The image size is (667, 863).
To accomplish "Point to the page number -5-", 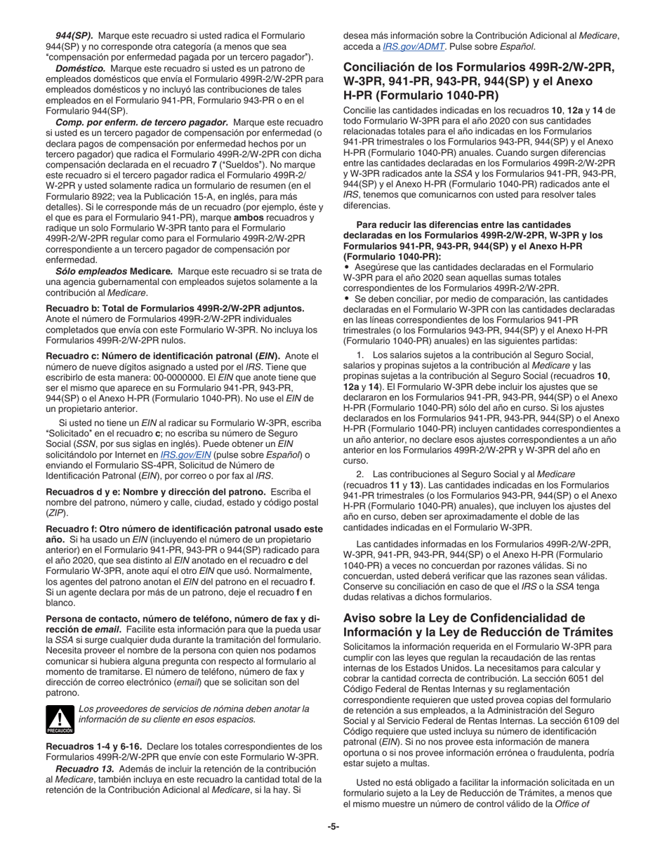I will click(333, 827).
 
